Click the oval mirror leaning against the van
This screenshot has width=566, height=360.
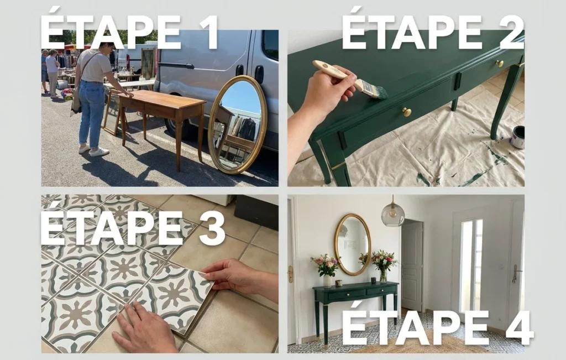click(x=238, y=124)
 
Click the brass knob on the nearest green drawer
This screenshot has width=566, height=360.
click(x=407, y=112)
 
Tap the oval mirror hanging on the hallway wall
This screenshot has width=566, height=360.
click(x=352, y=244)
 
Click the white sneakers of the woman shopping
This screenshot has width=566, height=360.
click(x=95, y=150)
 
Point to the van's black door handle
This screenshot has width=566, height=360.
click(x=259, y=74)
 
